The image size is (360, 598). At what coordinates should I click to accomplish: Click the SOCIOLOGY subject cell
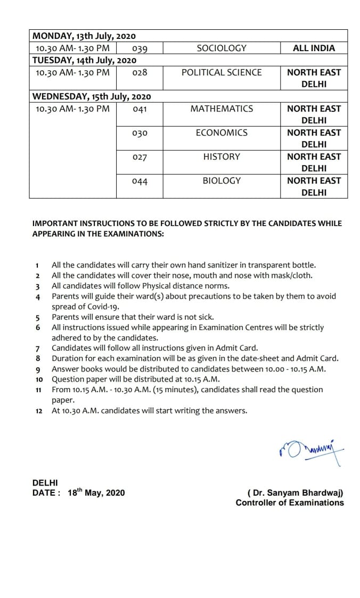coord(222,48)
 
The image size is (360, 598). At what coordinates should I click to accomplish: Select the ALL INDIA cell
coord(314,48)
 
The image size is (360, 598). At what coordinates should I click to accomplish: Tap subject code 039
coord(140,49)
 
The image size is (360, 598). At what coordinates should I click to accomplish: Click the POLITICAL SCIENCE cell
coord(222,72)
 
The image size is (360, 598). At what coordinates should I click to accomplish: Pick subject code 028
coord(140,72)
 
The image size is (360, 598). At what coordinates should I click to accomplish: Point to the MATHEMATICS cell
coord(222,109)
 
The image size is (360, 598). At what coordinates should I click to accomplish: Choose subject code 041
coord(140,109)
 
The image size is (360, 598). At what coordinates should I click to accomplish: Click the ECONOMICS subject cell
coord(222,133)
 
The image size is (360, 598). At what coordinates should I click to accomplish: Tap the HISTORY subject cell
coord(222,157)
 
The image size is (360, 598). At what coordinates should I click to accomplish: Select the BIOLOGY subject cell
coord(222,181)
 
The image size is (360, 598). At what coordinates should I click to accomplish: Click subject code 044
coord(140,182)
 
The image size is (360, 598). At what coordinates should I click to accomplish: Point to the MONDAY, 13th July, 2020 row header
coord(84,36)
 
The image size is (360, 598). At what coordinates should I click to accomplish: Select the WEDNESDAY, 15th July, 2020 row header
coord(92,96)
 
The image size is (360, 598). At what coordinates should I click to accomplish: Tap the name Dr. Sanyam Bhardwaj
coord(296,493)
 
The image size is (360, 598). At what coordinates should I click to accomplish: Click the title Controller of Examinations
coord(290,503)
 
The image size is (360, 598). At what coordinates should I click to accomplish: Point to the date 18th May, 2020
coord(96,493)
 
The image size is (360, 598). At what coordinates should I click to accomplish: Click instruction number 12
coord(39,411)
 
